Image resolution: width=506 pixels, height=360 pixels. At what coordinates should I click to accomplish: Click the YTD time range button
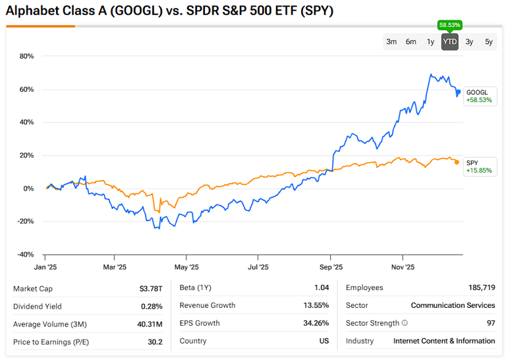click(450, 42)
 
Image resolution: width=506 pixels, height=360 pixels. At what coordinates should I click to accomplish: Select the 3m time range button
click(391, 42)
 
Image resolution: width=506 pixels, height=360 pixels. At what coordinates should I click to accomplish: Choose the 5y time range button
click(489, 42)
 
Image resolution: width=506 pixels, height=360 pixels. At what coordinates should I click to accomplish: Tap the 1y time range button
click(430, 42)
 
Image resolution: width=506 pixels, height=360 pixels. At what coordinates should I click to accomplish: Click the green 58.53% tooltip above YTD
click(450, 25)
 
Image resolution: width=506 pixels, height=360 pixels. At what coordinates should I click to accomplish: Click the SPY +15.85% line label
click(478, 167)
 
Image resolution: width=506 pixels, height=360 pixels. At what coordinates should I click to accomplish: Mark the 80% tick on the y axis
click(26, 56)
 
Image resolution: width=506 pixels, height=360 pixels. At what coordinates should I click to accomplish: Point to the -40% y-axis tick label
click(25, 255)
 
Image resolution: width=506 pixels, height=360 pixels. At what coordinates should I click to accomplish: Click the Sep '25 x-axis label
click(331, 267)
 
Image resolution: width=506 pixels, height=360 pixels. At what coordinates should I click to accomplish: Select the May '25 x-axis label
click(186, 267)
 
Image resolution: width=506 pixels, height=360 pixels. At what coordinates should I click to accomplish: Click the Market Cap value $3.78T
click(151, 288)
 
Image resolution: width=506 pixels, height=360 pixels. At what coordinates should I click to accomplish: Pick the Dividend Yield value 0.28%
click(152, 306)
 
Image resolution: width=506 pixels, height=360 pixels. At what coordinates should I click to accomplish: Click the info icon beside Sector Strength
click(405, 323)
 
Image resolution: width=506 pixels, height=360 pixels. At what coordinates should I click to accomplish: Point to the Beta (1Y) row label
click(195, 288)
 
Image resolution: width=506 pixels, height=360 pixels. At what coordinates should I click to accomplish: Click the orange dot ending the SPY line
click(457, 162)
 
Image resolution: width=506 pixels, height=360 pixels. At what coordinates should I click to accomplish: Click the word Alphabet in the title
click(30, 11)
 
